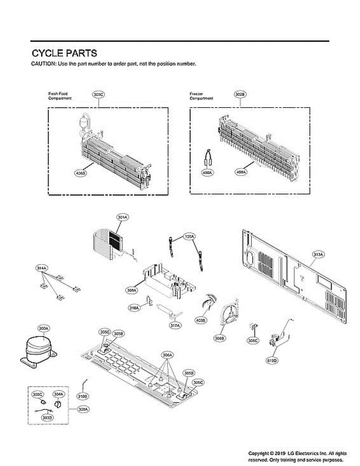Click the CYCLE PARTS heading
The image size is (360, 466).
point(64,53)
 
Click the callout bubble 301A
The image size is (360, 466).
point(123,218)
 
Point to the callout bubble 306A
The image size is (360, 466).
point(167,355)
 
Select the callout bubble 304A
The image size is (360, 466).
point(58,394)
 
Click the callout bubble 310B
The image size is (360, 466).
point(83,396)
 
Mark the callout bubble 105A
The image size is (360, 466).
point(189,236)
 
